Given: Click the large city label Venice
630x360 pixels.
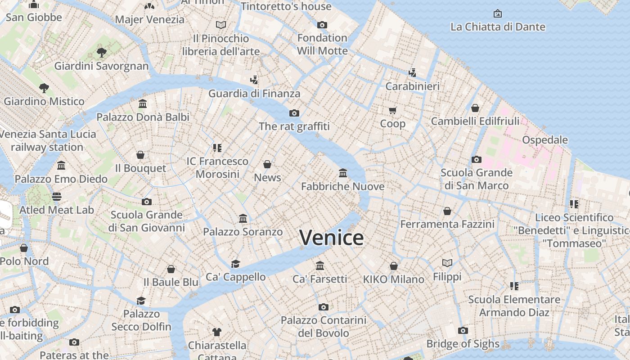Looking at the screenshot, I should (331, 238).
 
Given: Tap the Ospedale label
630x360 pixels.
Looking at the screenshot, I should (544, 140).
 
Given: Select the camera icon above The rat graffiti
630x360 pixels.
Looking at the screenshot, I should (294, 113).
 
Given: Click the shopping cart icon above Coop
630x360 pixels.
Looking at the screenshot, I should (392, 110).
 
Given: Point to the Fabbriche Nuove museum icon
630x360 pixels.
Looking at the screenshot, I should (343, 173).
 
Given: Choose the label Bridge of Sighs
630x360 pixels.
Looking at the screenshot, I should (463, 344).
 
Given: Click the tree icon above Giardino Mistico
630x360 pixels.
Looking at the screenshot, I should (44, 88).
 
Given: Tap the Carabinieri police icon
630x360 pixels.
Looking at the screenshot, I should (412, 72).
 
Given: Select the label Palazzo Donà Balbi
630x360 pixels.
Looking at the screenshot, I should (143, 117).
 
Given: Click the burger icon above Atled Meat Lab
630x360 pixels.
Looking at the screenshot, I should (56, 197).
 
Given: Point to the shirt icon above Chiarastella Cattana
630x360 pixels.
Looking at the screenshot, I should (217, 332).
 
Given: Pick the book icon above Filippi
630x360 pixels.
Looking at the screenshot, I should (447, 263).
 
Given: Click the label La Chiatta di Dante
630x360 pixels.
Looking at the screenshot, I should (498, 27).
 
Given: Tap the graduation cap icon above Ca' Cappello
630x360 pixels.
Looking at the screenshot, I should (235, 264).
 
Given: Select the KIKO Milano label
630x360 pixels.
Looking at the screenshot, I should (393, 279).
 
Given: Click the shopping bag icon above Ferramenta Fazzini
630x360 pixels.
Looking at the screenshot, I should (447, 211).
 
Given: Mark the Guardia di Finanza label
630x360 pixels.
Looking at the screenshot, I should (254, 94).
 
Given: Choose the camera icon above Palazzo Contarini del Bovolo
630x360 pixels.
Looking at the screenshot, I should (323, 307).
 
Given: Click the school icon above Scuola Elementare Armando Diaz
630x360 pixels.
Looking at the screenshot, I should (514, 286).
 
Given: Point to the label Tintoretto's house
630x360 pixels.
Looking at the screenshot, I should (286, 6).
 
